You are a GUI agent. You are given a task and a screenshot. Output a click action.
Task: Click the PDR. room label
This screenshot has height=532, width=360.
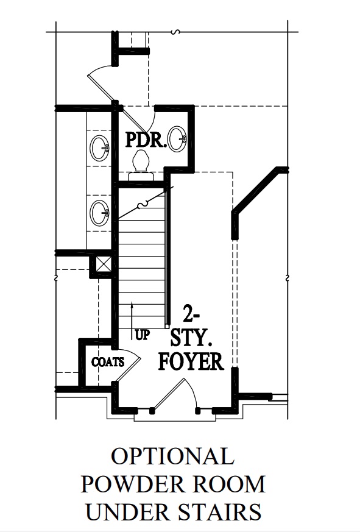click(146, 140)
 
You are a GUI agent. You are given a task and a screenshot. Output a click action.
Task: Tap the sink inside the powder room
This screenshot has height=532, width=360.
click(177, 138)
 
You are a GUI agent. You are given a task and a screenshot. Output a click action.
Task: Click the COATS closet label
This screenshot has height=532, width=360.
click(108, 362)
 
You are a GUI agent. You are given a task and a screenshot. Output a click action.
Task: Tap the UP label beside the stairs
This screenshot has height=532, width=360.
click(142, 335)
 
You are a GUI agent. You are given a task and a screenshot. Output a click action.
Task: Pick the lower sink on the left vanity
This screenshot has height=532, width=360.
click(99, 213)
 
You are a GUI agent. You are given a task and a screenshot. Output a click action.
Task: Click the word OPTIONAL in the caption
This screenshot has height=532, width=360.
click(172, 457)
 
